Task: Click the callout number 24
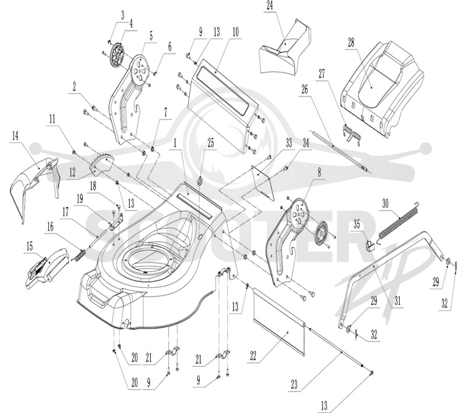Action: tap(270, 6)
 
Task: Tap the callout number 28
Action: tap(351, 42)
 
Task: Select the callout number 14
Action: tap(15, 136)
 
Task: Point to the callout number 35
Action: tap(356, 225)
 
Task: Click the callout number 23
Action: tap(294, 385)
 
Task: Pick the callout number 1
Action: tap(175, 144)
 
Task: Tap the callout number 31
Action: tap(398, 301)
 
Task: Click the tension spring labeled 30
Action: tap(398, 220)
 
